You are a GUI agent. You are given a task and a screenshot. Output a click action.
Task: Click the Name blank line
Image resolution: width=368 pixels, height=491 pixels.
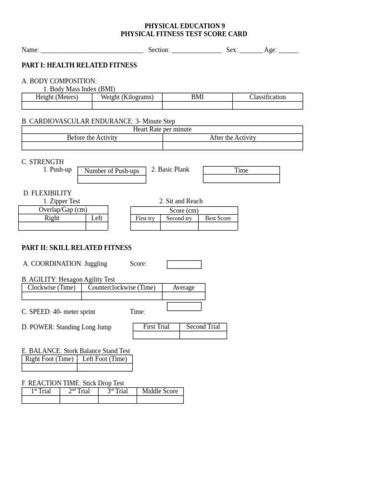[x=92, y=50]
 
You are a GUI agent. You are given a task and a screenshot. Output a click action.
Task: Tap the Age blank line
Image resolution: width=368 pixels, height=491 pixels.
[x=288, y=50]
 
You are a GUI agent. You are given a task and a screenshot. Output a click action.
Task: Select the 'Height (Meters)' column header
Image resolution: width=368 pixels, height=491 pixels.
[x=57, y=97]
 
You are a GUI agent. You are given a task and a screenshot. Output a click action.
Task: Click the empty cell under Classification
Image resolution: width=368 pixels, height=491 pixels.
[x=267, y=105]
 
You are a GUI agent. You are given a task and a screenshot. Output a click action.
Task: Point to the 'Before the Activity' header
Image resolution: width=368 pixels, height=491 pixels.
[x=92, y=138]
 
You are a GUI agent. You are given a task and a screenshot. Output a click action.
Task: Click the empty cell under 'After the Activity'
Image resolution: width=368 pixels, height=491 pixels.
[x=232, y=146]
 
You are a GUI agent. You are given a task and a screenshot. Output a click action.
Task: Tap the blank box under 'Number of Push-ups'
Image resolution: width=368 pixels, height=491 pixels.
[x=112, y=179]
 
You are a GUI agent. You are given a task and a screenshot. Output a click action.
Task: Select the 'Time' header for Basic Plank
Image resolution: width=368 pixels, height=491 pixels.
[x=241, y=170]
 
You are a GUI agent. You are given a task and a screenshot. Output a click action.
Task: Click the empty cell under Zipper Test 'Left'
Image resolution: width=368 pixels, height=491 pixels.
[x=97, y=226]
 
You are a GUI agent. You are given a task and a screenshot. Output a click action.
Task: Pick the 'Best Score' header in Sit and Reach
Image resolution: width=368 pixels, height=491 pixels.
[x=218, y=218]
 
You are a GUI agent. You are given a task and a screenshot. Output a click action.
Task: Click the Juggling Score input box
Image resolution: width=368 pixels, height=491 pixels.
[x=184, y=265]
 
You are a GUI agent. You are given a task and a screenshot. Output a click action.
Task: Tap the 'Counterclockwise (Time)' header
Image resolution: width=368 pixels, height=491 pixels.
[x=122, y=287]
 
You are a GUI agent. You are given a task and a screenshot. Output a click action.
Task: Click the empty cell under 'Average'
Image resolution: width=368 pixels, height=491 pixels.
[x=184, y=296]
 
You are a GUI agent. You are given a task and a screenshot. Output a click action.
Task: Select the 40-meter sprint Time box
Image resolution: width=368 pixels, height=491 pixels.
[x=184, y=306]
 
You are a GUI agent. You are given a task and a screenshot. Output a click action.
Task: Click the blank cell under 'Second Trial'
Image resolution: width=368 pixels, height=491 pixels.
[x=203, y=335]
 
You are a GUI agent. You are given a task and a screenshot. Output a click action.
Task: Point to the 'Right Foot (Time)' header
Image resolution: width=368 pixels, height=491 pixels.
[x=49, y=359]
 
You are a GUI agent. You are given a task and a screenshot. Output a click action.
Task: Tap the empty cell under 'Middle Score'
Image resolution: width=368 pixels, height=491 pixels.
[x=160, y=399]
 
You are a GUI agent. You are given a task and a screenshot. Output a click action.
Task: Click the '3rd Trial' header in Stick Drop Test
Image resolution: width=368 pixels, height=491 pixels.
[x=117, y=391]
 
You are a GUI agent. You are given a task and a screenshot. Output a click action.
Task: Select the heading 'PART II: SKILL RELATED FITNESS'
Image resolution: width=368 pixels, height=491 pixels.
[x=77, y=248]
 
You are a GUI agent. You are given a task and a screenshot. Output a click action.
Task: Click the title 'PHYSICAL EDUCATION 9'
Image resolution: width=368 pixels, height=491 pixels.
[x=184, y=26]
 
